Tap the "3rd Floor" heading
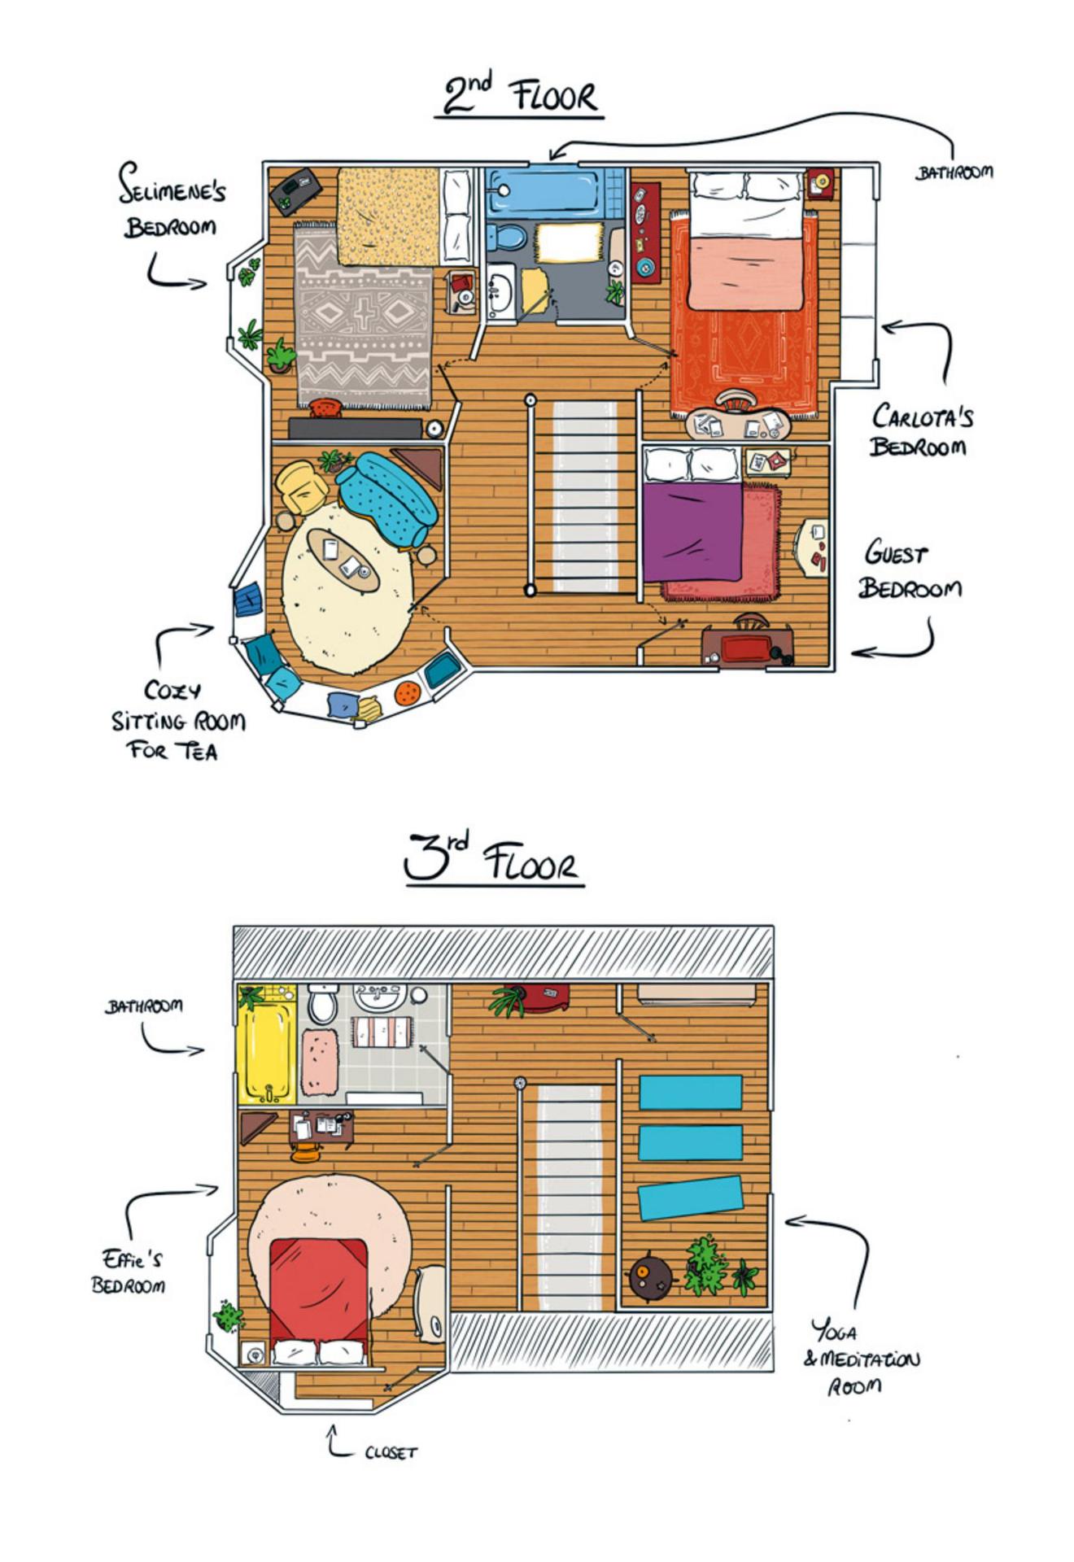point(493,859)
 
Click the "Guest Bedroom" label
point(910,569)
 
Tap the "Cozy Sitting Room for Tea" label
point(177,720)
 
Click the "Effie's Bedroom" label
point(129,1272)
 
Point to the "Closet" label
point(391,1453)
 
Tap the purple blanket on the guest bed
point(692,532)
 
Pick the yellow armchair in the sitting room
point(302,487)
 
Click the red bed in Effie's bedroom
point(318,1298)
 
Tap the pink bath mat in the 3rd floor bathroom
point(319,1061)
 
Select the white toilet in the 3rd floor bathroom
point(323,1002)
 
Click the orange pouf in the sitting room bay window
point(407,693)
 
